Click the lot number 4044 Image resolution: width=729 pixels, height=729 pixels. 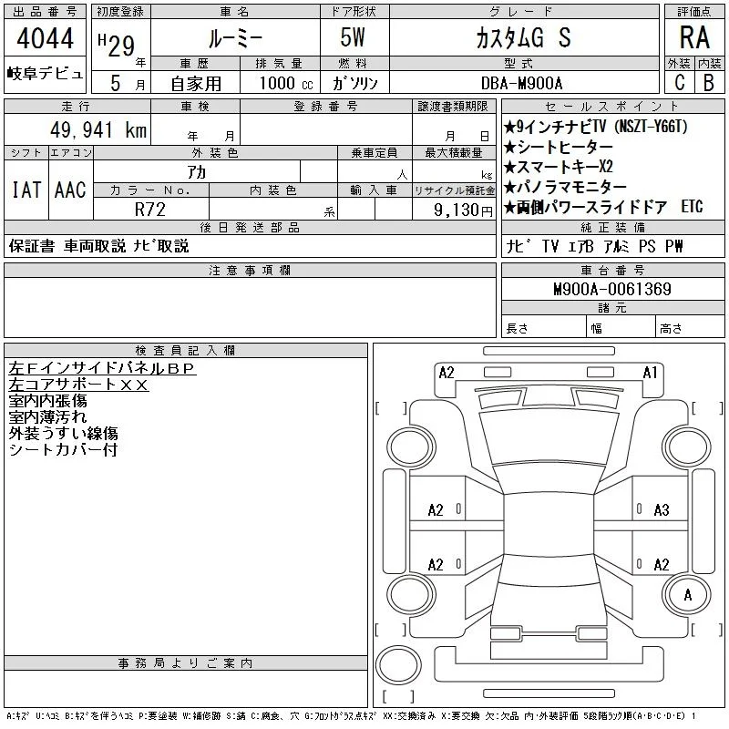pyautogui.click(x=45, y=38)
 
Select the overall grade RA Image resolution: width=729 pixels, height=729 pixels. pyautogui.click(x=694, y=37)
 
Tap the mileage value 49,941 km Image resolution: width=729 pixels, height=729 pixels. pyautogui.click(x=98, y=129)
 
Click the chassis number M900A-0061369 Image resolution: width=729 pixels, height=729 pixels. pyautogui.click(x=612, y=289)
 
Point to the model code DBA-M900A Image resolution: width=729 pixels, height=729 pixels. pyautogui.click(x=521, y=83)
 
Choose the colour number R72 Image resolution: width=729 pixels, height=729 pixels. pyautogui.click(x=150, y=210)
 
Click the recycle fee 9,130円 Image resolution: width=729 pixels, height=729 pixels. pyautogui.click(x=463, y=210)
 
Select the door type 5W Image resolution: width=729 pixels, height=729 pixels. pyautogui.click(x=353, y=37)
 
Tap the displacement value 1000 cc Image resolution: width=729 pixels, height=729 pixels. pyautogui.click(x=286, y=83)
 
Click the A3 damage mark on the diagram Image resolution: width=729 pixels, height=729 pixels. pyautogui.click(x=662, y=510)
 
